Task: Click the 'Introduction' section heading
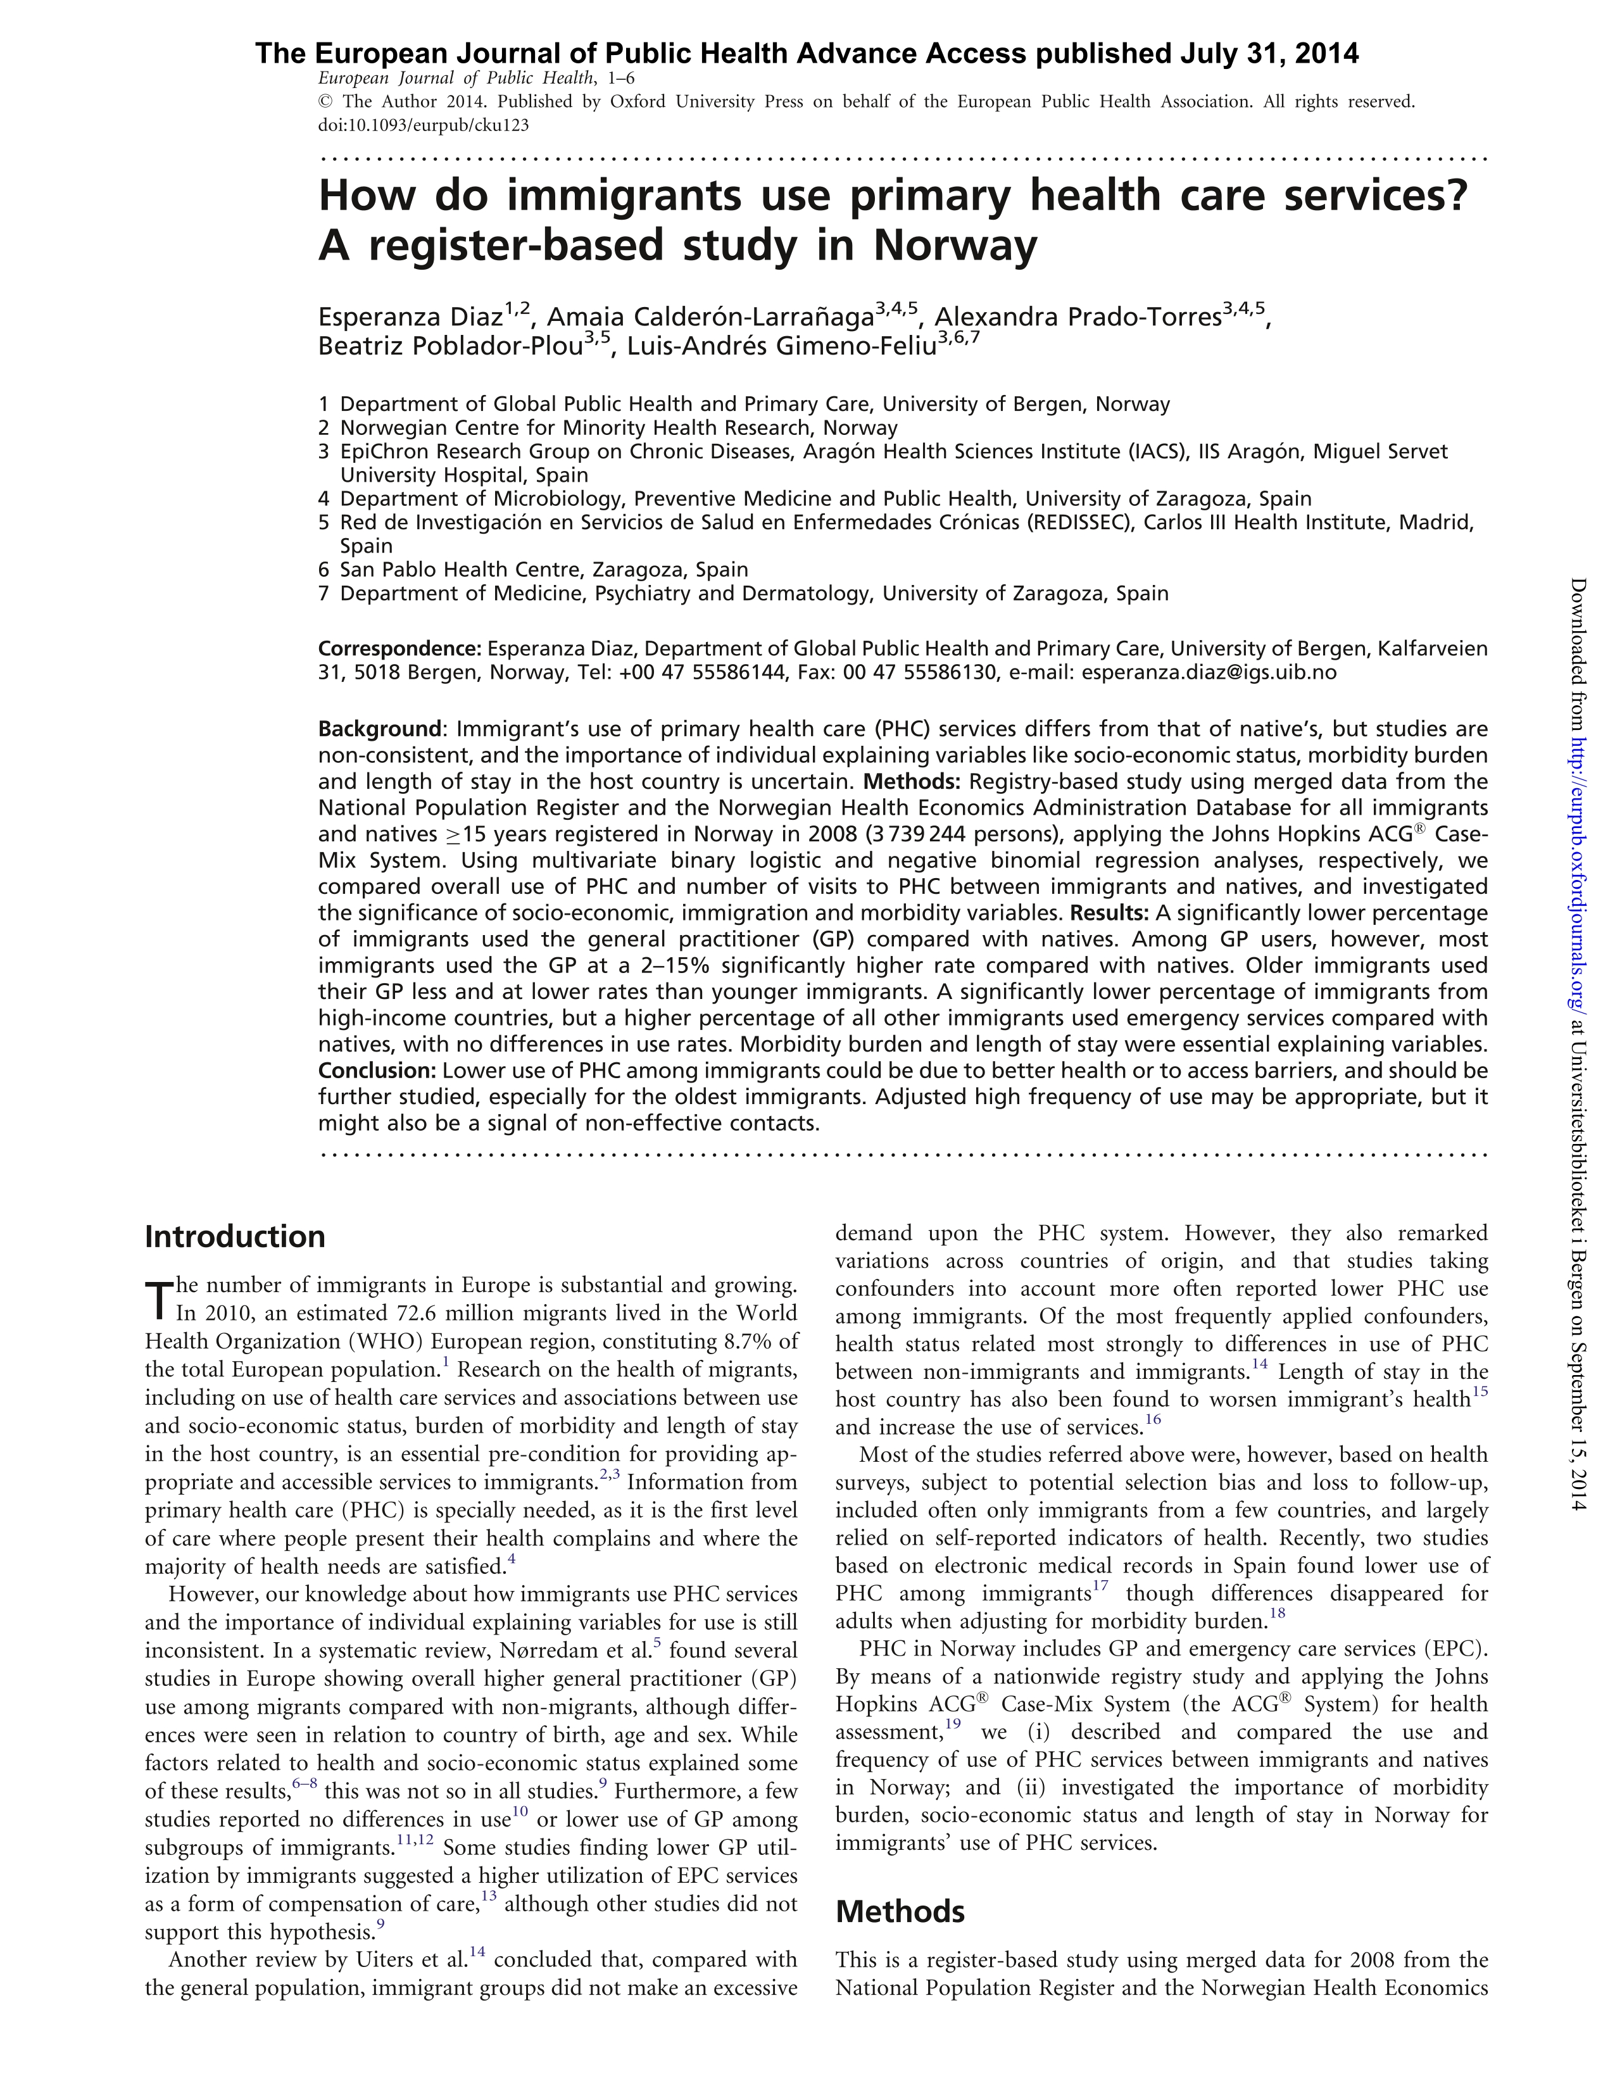pos(235,1237)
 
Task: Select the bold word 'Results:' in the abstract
pos(1110,912)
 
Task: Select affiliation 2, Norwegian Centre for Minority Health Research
pos(618,428)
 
